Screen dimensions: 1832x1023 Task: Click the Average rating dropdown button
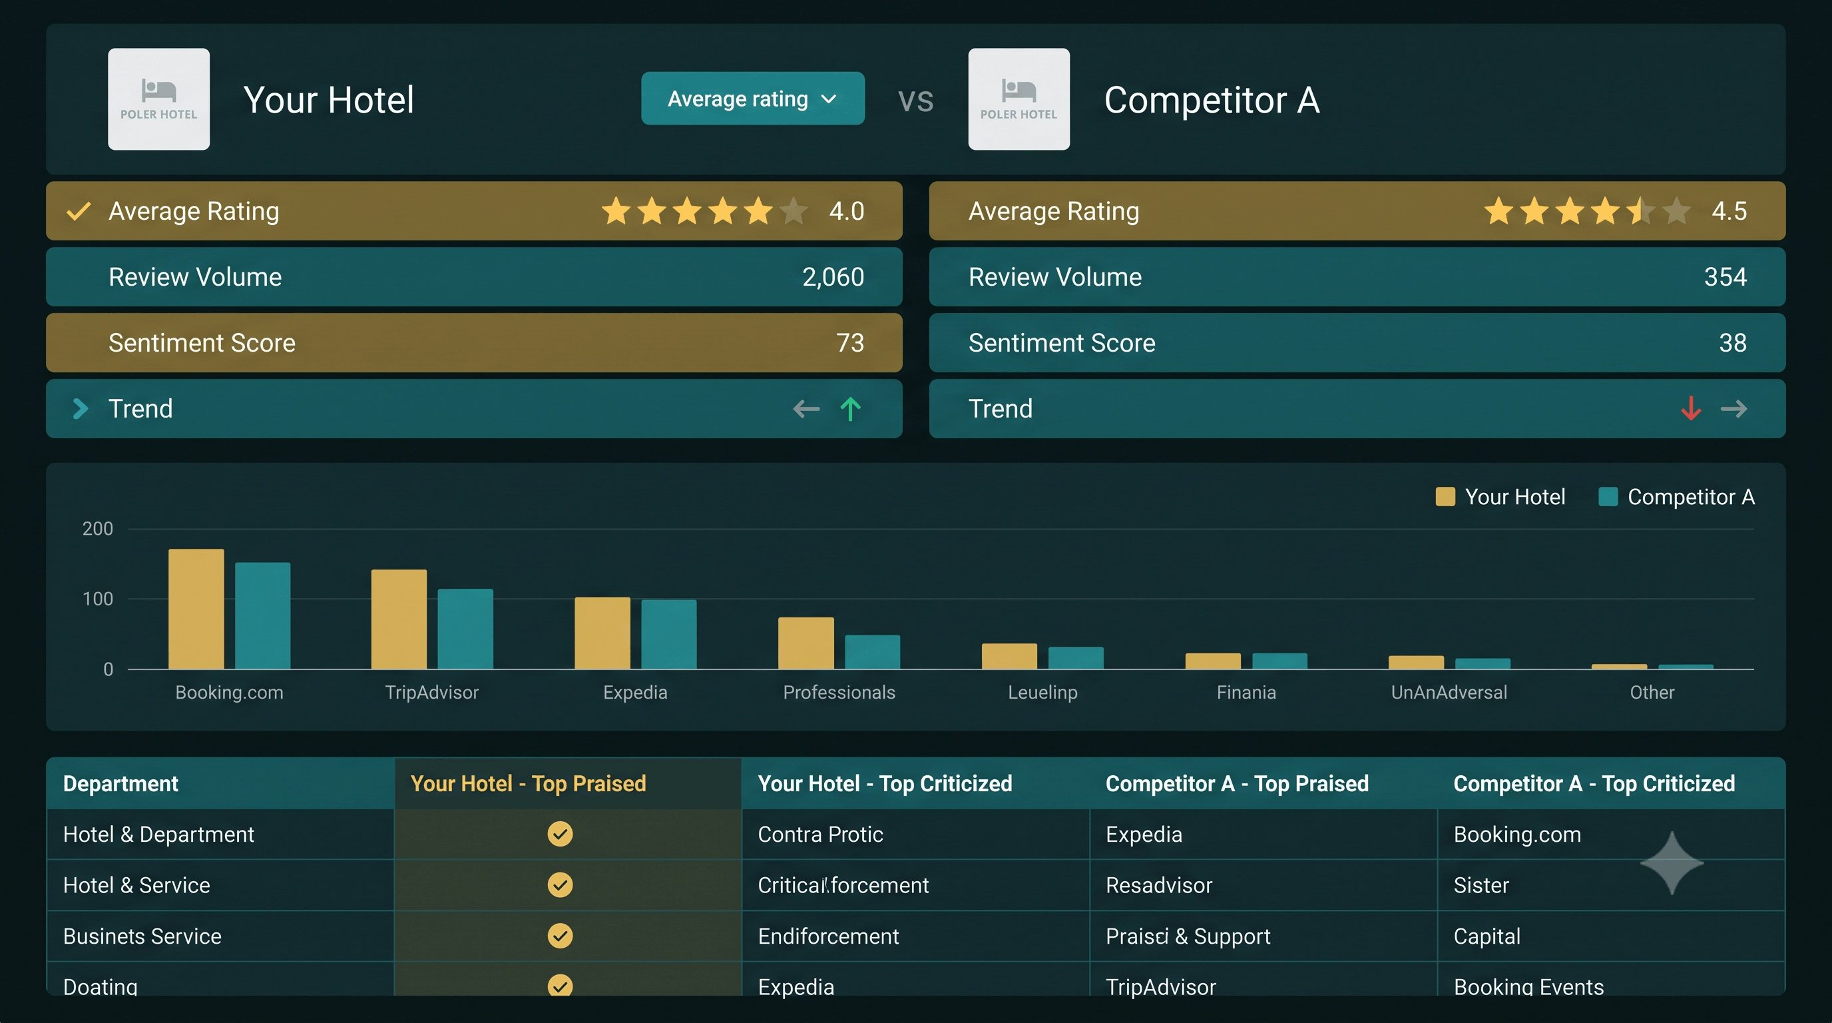[752, 98]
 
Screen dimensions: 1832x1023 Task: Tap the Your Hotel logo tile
[158, 99]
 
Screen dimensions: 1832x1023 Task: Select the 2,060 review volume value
[833, 277]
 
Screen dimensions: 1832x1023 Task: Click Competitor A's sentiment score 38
[1732, 343]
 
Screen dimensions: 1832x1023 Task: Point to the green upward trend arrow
[850, 408]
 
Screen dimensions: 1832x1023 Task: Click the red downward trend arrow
[1690, 408]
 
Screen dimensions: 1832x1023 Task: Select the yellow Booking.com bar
[196, 609]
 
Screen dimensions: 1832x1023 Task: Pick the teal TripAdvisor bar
[465, 629]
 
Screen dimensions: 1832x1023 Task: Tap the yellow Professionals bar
[805, 643]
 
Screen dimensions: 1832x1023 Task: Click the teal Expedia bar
[668, 635]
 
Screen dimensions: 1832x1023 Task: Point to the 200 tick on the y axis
[97, 529]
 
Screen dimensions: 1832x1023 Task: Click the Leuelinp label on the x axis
[1042, 692]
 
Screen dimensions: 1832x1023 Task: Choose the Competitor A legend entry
[1676, 497]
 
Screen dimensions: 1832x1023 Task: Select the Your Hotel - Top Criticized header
[885, 783]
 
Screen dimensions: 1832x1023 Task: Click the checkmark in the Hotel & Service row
[560, 884]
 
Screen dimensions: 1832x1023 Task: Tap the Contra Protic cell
[820, 834]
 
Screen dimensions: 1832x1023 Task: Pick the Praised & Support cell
[1188, 936]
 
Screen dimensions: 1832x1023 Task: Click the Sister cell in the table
[1481, 885]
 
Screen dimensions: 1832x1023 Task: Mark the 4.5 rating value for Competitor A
[1729, 210]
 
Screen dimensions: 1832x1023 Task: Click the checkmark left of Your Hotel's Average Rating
[79, 210]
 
